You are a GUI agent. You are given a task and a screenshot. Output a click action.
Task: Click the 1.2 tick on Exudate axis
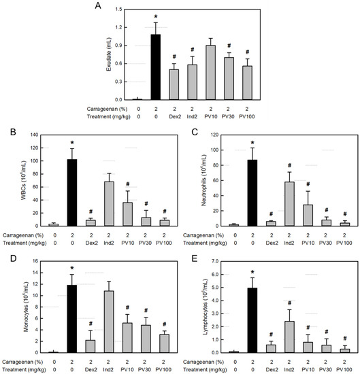116,28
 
